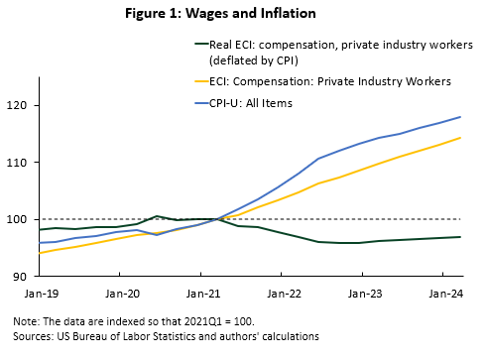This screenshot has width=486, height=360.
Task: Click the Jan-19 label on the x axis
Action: [x=39, y=294]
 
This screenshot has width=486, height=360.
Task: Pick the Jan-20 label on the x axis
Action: [x=120, y=294]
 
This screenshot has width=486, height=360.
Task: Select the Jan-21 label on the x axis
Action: [x=201, y=294]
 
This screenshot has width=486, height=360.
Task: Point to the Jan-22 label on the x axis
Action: [x=283, y=294]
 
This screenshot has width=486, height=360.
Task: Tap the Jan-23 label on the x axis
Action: [x=364, y=294]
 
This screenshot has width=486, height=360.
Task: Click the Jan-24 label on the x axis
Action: [x=445, y=294]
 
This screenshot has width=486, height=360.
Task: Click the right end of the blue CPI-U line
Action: [x=461, y=117]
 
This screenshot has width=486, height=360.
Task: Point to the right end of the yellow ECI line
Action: [x=461, y=138]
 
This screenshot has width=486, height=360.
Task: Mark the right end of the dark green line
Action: [x=461, y=237]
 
